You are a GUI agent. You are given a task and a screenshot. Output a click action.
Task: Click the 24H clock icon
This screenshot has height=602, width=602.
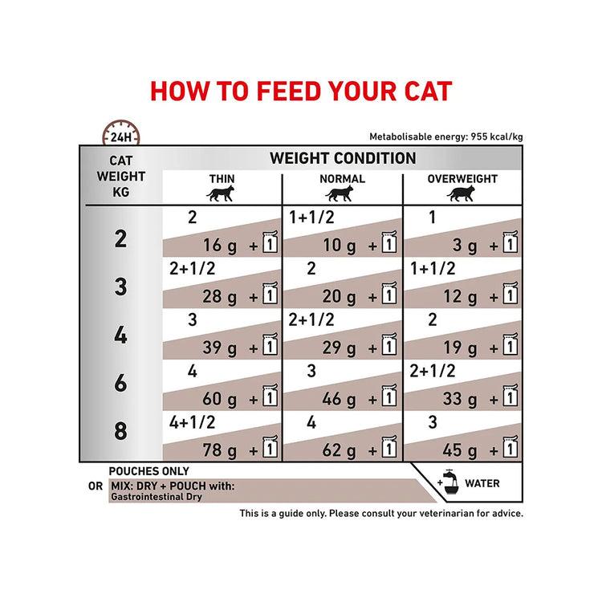(121, 132)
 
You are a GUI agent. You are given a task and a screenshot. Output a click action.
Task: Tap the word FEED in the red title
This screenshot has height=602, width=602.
(288, 92)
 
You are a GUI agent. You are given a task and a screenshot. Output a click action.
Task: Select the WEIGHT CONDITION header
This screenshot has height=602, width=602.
(343, 158)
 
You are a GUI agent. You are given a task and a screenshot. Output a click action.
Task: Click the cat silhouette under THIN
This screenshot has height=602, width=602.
(221, 193)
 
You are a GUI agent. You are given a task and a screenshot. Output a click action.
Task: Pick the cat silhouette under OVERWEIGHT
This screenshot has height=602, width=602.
(461, 193)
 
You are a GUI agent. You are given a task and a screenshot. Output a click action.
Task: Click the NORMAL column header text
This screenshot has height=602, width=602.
(342, 179)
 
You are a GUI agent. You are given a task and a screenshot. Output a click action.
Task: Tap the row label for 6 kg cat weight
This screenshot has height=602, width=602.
(120, 383)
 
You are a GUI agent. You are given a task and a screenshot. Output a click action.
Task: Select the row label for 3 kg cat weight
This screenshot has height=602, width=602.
(120, 287)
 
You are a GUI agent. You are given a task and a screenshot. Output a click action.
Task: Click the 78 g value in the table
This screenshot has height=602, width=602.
(220, 450)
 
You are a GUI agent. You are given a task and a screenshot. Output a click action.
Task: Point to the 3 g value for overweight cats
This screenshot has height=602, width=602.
(465, 246)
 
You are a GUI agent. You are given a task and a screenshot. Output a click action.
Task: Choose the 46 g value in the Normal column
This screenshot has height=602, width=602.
(339, 399)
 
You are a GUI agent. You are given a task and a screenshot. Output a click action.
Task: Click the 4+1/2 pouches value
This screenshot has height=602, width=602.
(193, 422)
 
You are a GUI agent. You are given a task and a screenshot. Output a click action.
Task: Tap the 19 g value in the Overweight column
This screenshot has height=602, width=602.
(460, 348)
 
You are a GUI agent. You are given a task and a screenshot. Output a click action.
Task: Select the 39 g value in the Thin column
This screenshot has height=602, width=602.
(220, 348)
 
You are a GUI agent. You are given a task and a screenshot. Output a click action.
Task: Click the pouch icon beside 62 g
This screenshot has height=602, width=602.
(389, 446)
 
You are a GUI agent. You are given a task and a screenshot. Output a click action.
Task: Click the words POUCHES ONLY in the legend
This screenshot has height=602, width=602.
(149, 471)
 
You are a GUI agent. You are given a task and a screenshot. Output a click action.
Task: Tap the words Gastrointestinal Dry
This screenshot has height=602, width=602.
(157, 497)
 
